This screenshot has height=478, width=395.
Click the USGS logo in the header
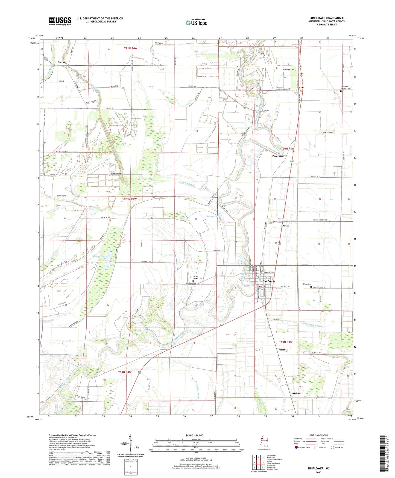tap(60, 21)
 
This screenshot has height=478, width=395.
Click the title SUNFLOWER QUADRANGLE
tap(326, 18)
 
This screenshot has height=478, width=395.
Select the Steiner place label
tap(62, 62)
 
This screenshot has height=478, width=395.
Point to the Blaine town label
tap(300, 87)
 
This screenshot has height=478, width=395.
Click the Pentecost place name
tap(278, 156)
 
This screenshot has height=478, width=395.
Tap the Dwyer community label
tap(285, 226)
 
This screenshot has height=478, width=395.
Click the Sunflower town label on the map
tap(269, 281)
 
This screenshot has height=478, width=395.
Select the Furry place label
tap(282, 350)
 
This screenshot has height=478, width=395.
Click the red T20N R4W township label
tap(130, 199)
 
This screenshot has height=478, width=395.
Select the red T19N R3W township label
tap(286, 342)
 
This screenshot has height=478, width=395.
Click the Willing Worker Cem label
tap(197, 278)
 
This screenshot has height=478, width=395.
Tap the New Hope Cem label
tap(288, 70)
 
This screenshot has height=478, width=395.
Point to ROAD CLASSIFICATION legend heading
tap(318, 435)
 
